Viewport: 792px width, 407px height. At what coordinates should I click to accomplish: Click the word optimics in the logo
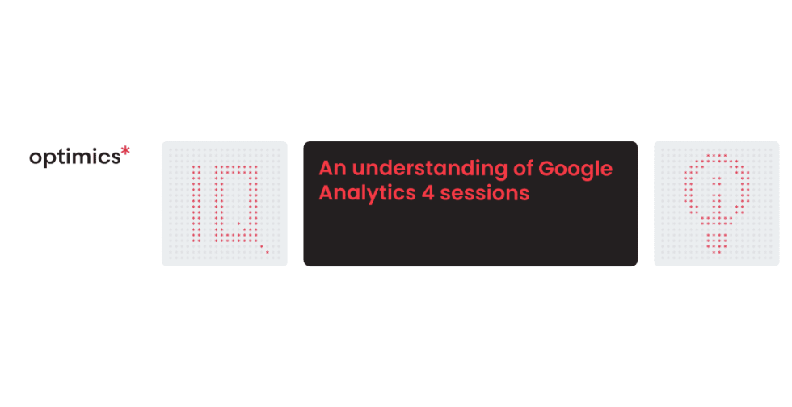(74, 157)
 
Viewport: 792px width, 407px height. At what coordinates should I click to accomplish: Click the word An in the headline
(332, 169)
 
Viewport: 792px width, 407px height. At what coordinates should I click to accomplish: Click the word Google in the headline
(575, 170)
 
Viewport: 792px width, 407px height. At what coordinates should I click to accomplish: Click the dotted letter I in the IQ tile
(194, 203)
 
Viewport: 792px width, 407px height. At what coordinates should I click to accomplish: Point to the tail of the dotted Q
(263, 248)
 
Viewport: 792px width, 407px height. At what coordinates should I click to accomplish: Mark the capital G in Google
(547, 169)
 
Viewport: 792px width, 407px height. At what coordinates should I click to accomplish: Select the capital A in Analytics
(326, 194)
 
